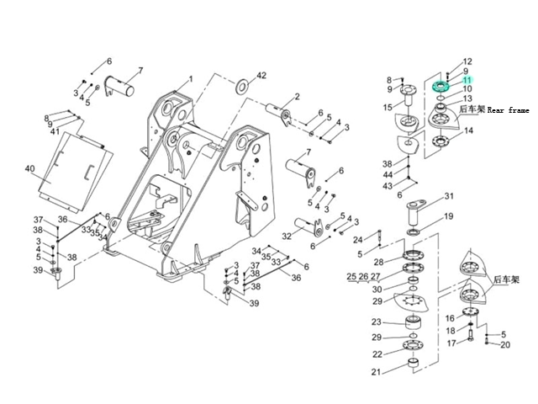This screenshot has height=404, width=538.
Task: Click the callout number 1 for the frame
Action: (x=190, y=80)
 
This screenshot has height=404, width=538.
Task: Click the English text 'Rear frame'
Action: (x=508, y=110)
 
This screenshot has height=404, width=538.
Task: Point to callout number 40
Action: (x=29, y=169)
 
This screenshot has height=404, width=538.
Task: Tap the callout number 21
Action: (x=377, y=372)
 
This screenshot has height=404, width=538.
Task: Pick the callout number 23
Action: (x=377, y=322)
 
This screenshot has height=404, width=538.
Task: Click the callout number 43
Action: (x=388, y=185)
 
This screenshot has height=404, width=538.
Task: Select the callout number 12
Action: (x=467, y=61)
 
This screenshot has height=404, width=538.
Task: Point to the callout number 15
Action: (x=388, y=107)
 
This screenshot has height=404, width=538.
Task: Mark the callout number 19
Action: (x=449, y=216)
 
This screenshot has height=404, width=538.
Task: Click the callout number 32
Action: (x=287, y=237)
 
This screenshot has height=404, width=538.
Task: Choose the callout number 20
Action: (x=504, y=345)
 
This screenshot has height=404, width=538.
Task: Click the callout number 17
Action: (x=451, y=343)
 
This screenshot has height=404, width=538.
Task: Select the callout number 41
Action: (x=54, y=131)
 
